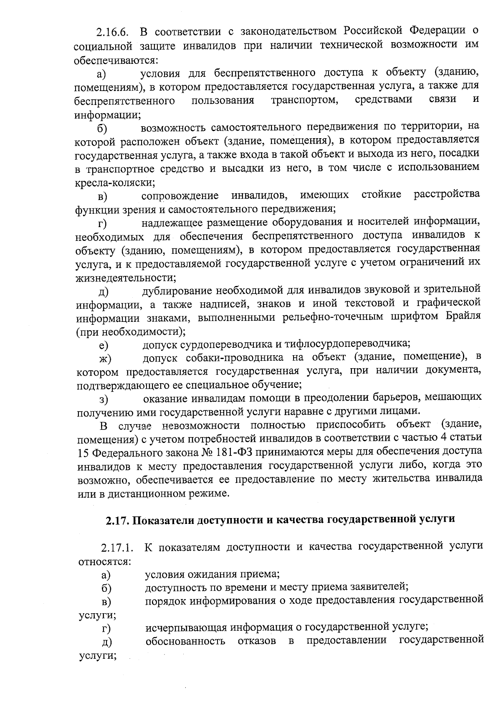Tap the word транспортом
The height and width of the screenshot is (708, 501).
point(304,101)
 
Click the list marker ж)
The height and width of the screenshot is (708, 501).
point(105,359)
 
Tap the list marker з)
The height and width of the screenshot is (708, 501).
point(104,400)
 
